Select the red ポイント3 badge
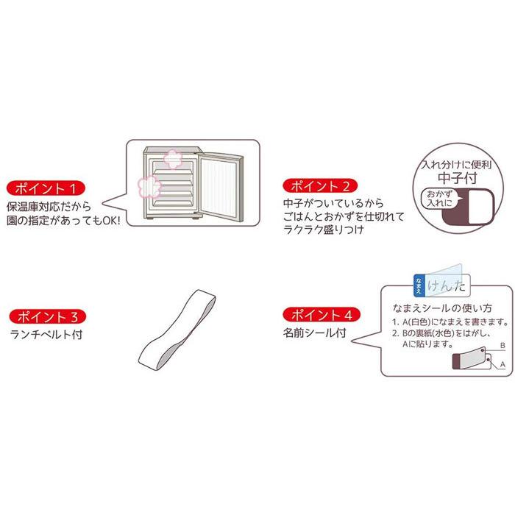pyautogui.click(x=48, y=318)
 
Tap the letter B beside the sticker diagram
pyautogui.click(x=502, y=344)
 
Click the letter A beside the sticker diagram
pyautogui.click(x=502, y=364)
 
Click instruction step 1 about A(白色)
pyautogui.click(x=448, y=322)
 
